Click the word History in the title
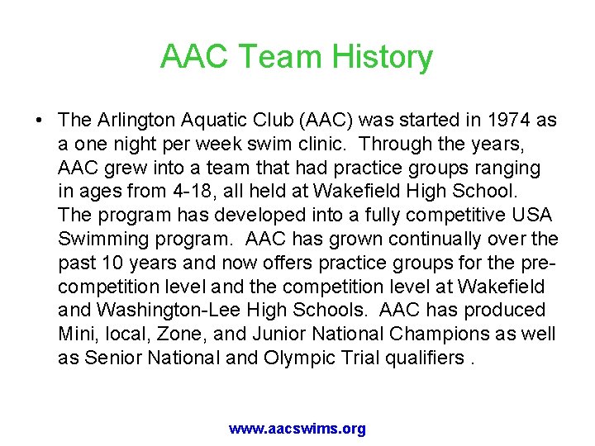tap(382, 57)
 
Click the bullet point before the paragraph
tap(40, 120)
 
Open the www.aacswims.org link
tap(297, 429)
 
